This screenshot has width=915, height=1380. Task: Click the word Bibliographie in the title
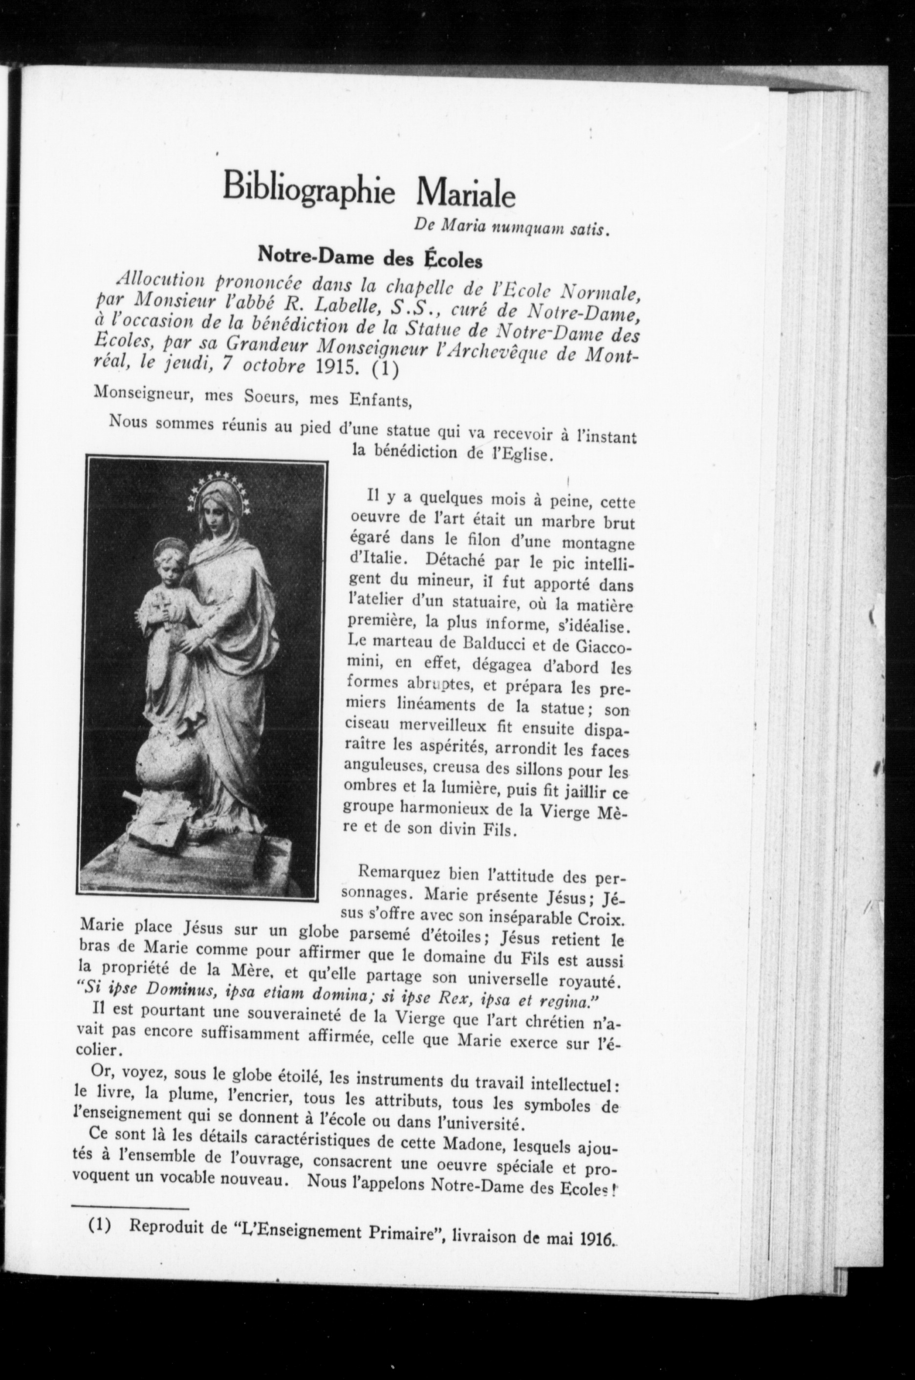tap(309, 186)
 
